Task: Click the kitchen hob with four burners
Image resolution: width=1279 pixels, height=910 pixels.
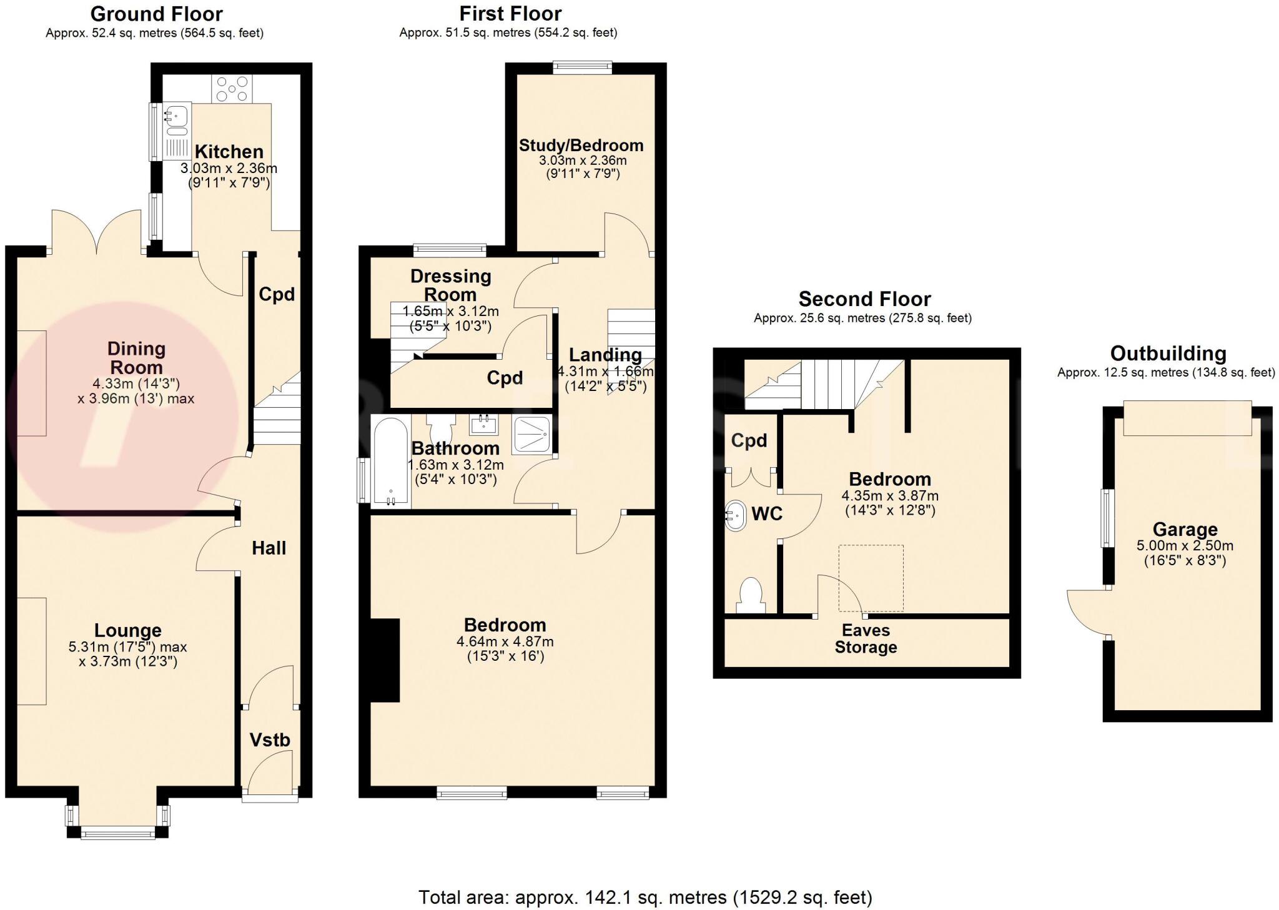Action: (232, 89)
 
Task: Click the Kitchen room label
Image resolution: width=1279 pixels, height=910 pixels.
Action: (229, 152)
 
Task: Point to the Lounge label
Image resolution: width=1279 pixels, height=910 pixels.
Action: (128, 631)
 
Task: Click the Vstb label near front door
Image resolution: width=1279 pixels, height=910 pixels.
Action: (270, 740)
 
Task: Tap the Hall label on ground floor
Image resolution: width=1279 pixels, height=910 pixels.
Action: (269, 548)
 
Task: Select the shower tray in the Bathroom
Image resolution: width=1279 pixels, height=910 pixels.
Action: (531, 435)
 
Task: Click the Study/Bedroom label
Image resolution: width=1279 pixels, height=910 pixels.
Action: (581, 146)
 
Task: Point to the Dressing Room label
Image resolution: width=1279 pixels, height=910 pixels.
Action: (450, 285)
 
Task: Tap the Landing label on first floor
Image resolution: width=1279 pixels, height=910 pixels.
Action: (605, 355)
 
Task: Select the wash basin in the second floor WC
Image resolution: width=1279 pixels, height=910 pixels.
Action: (736, 516)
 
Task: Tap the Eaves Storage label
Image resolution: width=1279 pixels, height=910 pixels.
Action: (866, 639)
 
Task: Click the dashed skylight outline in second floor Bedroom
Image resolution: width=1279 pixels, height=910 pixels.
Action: (871, 578)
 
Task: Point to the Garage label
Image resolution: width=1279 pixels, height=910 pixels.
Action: (1185, 530)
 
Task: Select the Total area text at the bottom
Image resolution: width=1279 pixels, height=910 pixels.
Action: (645, 898)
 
